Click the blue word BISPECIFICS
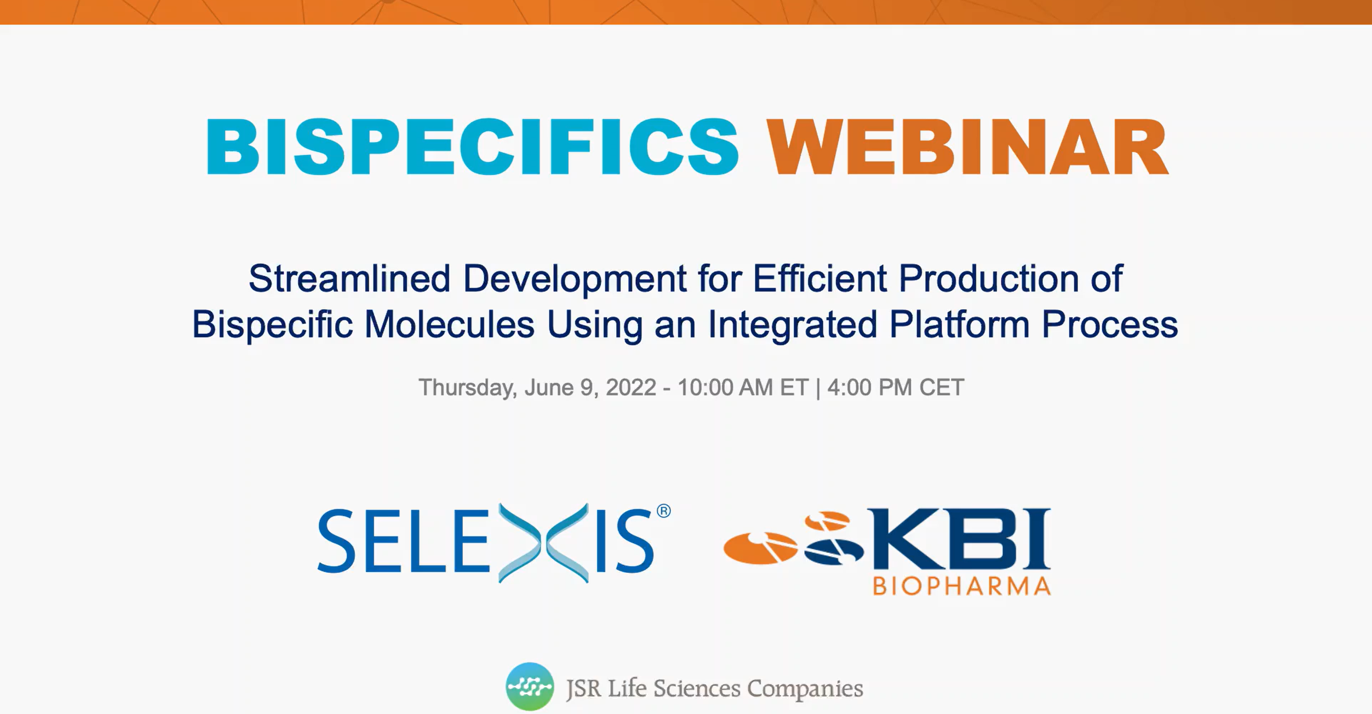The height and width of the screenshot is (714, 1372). click(x=472, y=147)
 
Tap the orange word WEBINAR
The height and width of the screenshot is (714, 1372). click(x=967, y=147)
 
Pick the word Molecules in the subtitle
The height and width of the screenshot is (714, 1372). click(x=449, y=324)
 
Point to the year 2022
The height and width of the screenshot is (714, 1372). click(x=631, y=387)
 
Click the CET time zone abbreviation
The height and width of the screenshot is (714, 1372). click(x=941, y=387)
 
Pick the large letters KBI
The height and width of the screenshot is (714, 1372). click(x=959, y=539)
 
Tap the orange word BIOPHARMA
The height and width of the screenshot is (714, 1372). click(x=962, y=586)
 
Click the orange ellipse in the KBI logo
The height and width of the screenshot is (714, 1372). click(x=761, y=548)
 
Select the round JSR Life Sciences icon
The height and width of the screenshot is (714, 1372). click(x=530, y=686)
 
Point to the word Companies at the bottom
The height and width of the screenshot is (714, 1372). click(x=805, y=689)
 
